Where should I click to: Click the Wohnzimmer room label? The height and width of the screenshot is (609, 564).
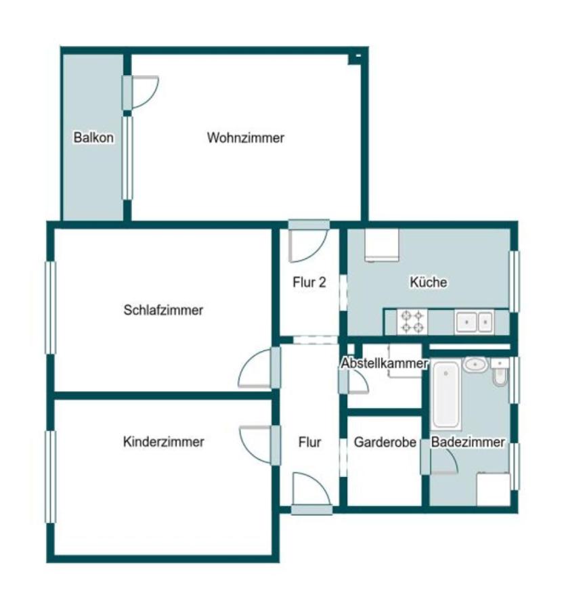click(245, 138)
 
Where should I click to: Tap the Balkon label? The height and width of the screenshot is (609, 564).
click(93, 138)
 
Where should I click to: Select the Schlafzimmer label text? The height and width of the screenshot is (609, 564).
click(163, 311)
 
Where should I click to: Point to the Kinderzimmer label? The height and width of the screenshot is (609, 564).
click(163, 442)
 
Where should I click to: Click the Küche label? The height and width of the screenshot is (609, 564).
click(428, 282)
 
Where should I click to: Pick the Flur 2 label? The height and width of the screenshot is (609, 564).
click(309, 283)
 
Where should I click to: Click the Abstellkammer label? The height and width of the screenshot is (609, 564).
click(384, 363)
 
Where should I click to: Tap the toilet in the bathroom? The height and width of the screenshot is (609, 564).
click(500, 374)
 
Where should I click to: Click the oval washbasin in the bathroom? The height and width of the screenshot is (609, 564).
click(475, 365)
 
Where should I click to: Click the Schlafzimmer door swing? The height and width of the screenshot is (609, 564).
click(256, 369)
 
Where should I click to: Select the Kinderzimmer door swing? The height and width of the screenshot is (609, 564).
click(256, 443)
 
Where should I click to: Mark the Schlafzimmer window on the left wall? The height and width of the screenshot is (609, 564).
click(50, 307)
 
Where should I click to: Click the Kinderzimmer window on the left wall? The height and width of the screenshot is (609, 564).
click(50, 476)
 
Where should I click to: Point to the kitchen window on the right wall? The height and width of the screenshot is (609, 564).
click(513, 281)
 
